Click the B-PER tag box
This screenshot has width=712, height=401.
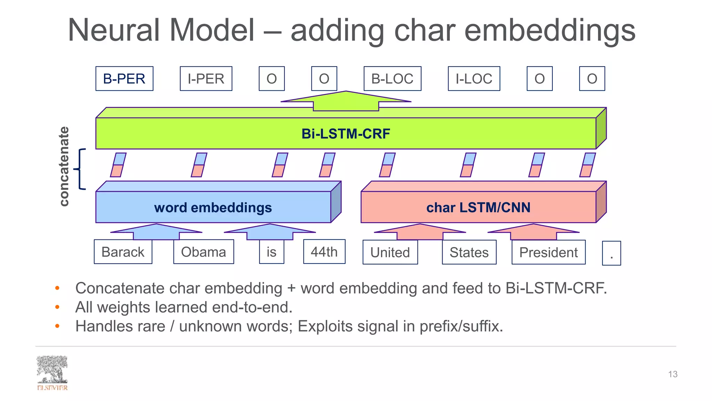(124, 79)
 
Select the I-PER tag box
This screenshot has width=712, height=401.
(206, 79)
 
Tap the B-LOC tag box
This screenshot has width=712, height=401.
(392, 79)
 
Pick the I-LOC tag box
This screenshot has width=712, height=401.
(474, 79)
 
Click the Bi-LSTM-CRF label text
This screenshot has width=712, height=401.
(346, 134)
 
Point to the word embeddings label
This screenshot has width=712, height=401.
(213, 207)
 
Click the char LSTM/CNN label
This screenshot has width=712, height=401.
(478, 207)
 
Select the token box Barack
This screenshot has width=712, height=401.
(123, 252)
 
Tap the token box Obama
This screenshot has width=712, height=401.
(203, 252)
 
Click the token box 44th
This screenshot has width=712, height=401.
(324, 251)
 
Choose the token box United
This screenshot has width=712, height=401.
(390, 252)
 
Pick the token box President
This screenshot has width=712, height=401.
(548, 252)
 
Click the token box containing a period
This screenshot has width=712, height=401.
(611, 253)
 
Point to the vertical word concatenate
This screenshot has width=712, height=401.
(64, 166)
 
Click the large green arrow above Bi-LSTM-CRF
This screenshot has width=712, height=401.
(346, 101)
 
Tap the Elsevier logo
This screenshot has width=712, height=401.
(52, 373)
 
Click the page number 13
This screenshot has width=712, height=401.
(672, 374)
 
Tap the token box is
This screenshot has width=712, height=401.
(272, 252)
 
